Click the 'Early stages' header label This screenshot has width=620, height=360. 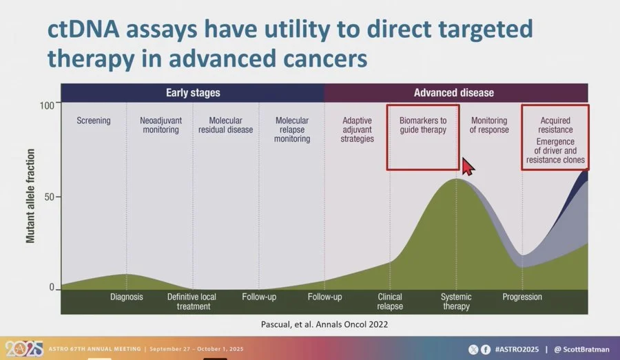[193, 92]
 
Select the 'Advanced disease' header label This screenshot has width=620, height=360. [453, 92]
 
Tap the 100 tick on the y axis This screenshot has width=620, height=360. [46, 105]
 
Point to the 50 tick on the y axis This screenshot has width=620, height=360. [49, 197]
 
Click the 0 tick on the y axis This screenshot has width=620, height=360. [52, 288]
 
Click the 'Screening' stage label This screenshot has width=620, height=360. [94, 120]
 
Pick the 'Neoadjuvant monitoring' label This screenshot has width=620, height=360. [161, 125]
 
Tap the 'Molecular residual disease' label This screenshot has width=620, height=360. [226, 125]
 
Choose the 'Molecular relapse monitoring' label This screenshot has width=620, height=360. [292, 129]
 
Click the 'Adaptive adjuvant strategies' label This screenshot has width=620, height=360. [358, 129]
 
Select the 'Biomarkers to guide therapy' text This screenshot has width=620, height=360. [423, 125]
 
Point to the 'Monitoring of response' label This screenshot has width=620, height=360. [489, 125]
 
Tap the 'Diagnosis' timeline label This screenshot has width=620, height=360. [127, 297]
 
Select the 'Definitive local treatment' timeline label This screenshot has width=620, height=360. [192, 301]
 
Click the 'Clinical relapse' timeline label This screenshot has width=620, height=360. [390, 301]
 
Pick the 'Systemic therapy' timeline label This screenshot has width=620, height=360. [456, 301]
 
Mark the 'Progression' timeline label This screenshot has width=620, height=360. [522, 297]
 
